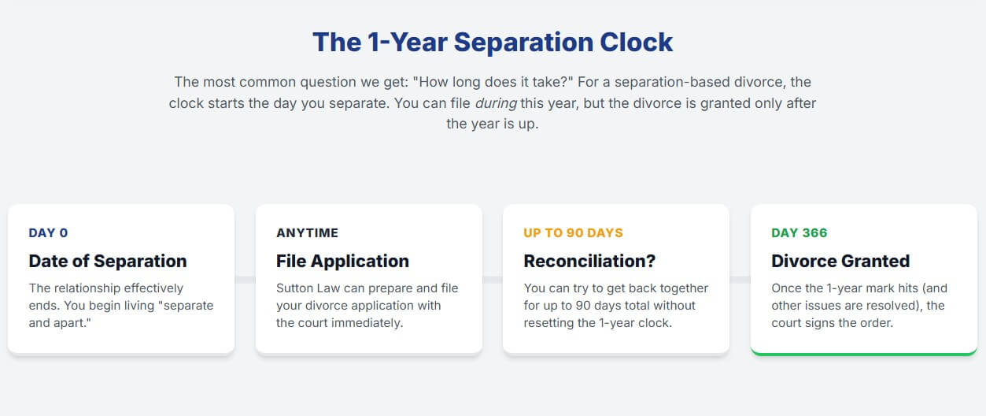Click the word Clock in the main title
click(636, 43)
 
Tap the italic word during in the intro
click(496, 103)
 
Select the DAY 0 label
click(49, 232)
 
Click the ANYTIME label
click(307, 232)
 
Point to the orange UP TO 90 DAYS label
click(573, 232)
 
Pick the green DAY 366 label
click(800, 232)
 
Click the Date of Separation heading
click(108, 261)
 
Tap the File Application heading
click(342, 261)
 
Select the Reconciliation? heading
click(589, 261)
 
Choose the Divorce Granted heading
click(840, 261)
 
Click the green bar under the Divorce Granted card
click(863, 354)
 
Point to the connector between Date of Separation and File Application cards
click(246, 280)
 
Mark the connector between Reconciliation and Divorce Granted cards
click(740, 280)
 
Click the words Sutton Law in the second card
click(308, 288)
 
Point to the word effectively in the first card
click(153, 288)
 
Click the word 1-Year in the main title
click(407, 43)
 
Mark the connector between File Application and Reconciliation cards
click(493, 280)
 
